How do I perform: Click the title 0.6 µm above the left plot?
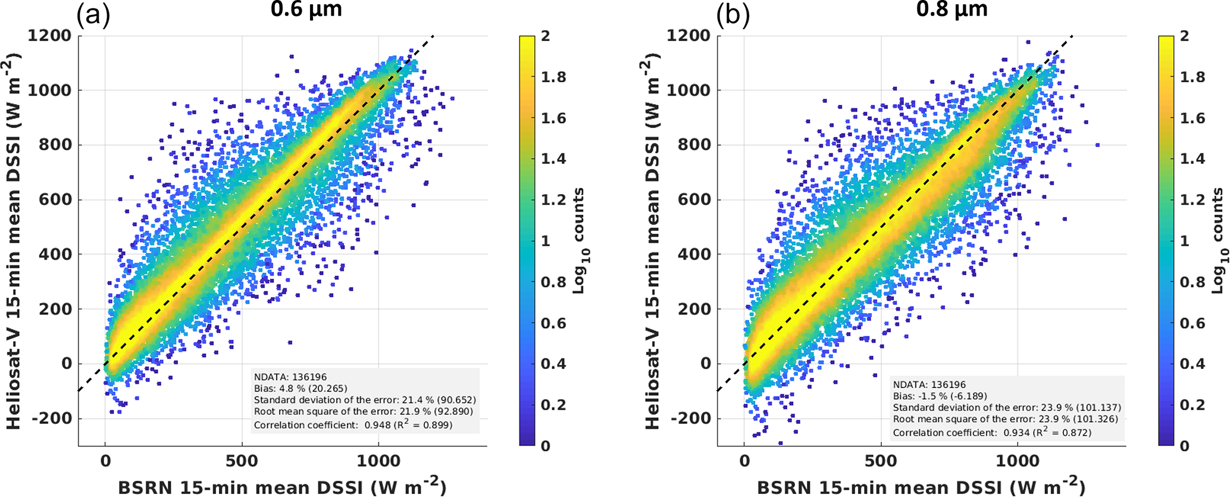[306, 10]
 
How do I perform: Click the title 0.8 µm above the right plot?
[952, 10]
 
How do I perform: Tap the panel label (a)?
[93, 15]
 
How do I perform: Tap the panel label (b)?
[733, 15]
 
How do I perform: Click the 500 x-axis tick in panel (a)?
[242, 461]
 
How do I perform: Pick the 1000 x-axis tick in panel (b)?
[1018, 461]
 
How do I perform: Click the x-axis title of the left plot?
[282, 486]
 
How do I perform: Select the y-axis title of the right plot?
[653, 241]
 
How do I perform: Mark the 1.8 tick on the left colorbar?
[553, 77]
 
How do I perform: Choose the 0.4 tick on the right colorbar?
[1193, 364]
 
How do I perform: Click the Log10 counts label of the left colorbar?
[578, 240]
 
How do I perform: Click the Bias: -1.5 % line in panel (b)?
[940, 396]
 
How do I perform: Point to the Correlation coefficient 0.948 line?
[353, 424]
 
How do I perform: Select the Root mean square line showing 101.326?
[1006, 419]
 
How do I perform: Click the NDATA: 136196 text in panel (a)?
[290, 377]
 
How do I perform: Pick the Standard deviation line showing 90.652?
[365, 400]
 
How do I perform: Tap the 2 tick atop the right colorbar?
[1184, 36]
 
